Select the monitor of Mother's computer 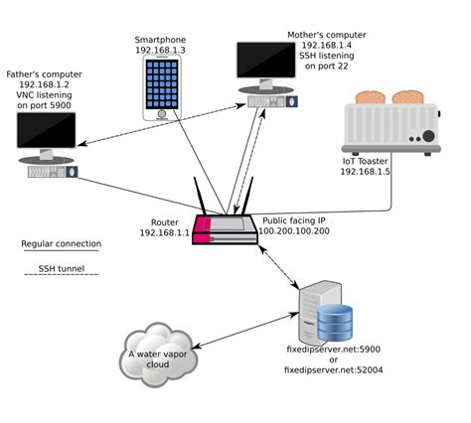point(265,62)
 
